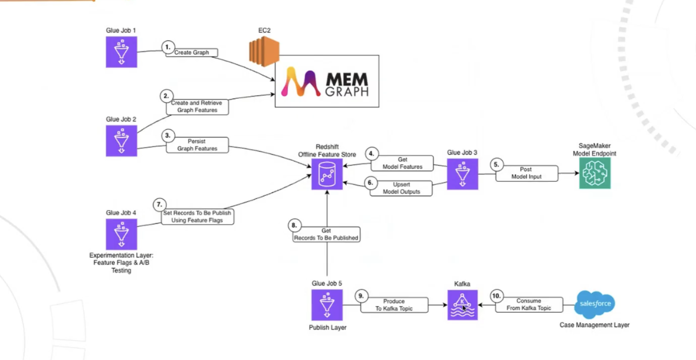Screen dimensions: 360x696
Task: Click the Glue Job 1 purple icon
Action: point(122,52)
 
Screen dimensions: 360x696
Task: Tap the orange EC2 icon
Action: point(264,51)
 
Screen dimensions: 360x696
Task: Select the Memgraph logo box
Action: point(327,81)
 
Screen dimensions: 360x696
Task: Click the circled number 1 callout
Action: point(168,47)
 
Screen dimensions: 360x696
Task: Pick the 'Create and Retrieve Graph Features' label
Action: point(197,107)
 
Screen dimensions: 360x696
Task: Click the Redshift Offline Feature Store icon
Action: point(327,174)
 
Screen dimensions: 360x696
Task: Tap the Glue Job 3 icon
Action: point(462,174)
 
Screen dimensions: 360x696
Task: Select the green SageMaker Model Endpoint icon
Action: point(595,174)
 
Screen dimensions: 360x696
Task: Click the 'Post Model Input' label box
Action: point(526,173)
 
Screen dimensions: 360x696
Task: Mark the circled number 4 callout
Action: point(371,153)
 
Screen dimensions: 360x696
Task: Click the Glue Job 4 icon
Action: point(122,234)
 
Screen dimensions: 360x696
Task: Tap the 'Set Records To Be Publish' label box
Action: point(198,217)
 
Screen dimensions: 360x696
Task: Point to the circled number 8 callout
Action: point(294,225)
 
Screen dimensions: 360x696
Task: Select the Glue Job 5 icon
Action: point(327,305)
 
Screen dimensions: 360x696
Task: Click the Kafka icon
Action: point(462,305)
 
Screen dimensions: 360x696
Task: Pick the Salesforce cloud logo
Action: point(595,304)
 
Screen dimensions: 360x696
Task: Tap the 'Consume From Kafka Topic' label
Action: point(528,305)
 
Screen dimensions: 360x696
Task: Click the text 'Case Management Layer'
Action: point(595,325)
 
